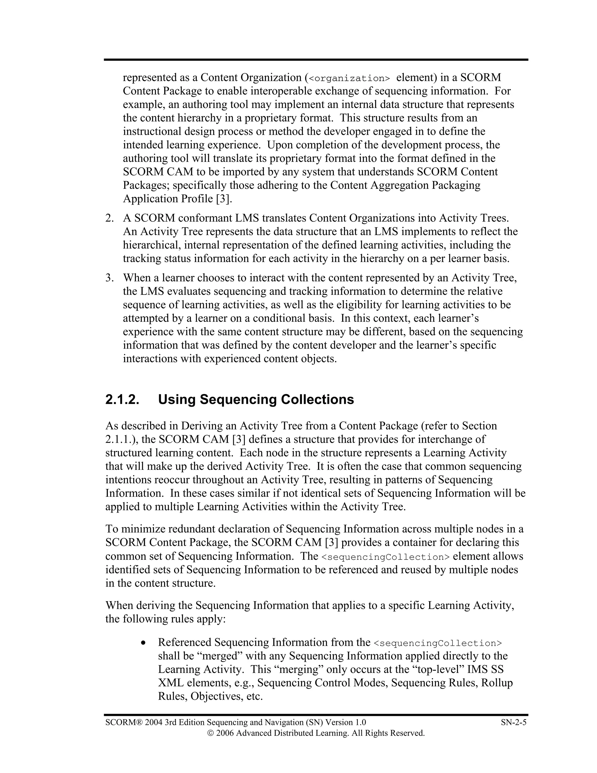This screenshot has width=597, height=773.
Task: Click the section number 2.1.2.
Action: (122, 400)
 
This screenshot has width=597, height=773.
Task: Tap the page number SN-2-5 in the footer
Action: (514, 722)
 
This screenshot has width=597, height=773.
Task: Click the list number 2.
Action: (109, 218)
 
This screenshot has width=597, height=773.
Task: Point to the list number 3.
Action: (109, 278)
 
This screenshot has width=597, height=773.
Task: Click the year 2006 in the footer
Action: (224, 733)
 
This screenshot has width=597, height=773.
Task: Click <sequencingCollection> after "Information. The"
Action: (385, 557)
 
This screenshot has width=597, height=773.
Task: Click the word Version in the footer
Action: (338, 722)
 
